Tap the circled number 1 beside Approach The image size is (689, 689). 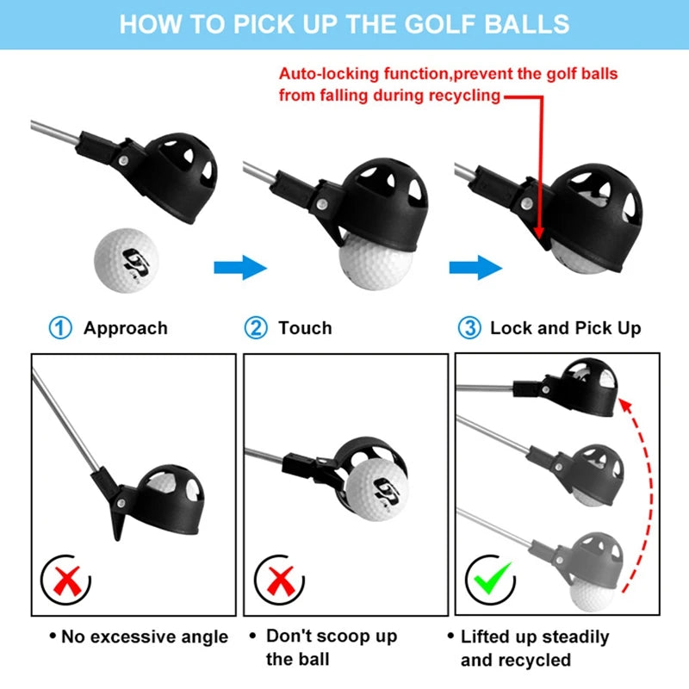59,328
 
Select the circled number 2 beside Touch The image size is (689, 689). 256,328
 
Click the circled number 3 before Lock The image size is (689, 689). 468,328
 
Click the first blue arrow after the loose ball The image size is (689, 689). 240,266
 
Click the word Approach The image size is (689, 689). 125,328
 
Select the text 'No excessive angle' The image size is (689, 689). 145,637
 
